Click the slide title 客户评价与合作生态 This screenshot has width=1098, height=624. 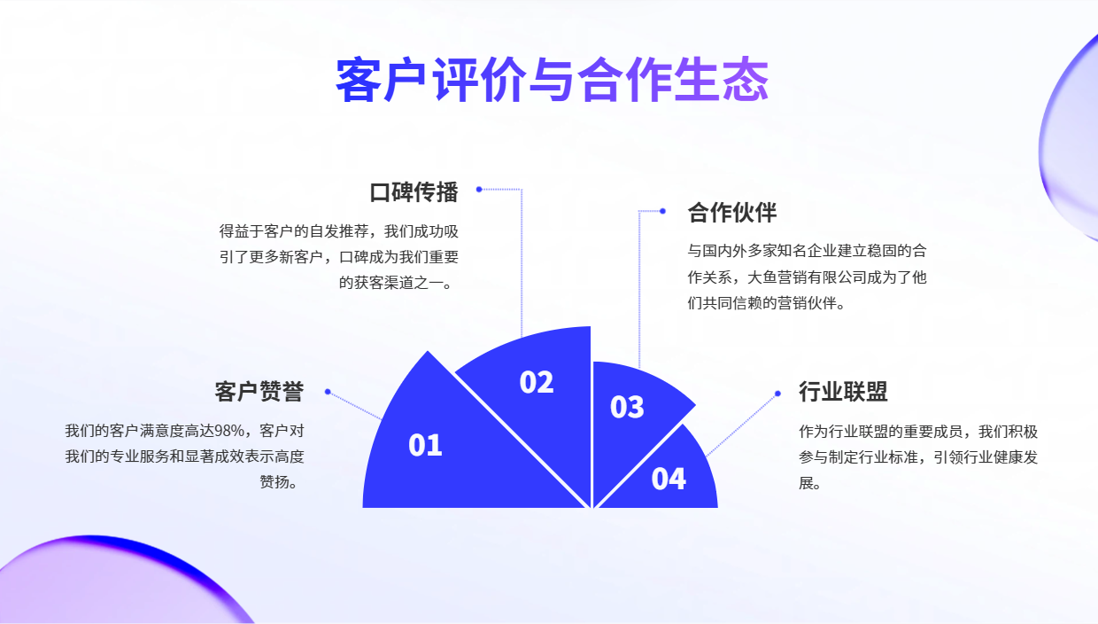(552, 80)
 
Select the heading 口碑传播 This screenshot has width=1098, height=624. (414, 191)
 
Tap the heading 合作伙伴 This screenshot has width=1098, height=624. (731, 213)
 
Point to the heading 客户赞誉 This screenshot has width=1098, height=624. (259, 392)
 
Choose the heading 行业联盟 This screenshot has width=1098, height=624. (843, 392)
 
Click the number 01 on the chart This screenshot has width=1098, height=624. (425, 446)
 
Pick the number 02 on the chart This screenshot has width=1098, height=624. (537, 382)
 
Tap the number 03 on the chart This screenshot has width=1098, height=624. (627, 407)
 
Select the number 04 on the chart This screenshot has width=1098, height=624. (669, 479)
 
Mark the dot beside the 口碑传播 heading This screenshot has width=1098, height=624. (479, 189)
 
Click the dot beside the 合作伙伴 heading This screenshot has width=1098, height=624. (662, 211)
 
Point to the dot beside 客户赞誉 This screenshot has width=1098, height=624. (328, 392)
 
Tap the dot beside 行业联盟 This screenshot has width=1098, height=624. (777, 394)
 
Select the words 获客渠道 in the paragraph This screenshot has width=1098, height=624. (383, 283)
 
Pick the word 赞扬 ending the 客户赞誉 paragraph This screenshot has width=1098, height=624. (274, 481)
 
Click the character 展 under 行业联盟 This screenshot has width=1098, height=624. (807, 483)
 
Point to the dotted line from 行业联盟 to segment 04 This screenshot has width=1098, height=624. (742, 425)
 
